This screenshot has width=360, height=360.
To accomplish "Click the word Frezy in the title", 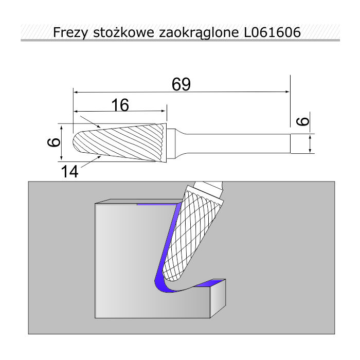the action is pos(70,32).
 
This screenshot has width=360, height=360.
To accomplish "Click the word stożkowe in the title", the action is pos(123,32).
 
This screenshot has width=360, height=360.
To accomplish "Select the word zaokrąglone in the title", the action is pos(199,32).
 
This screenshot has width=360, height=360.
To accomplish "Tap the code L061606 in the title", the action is pos(272,32).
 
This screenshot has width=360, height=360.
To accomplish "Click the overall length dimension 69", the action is pos(181,84).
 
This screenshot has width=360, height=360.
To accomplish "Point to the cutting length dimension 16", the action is pos(120,105).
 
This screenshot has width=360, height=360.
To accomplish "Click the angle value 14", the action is pos(69,172).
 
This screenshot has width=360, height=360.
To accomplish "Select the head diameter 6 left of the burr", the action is pos(54,142).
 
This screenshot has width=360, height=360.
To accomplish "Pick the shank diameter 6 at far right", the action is pos(303,121).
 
